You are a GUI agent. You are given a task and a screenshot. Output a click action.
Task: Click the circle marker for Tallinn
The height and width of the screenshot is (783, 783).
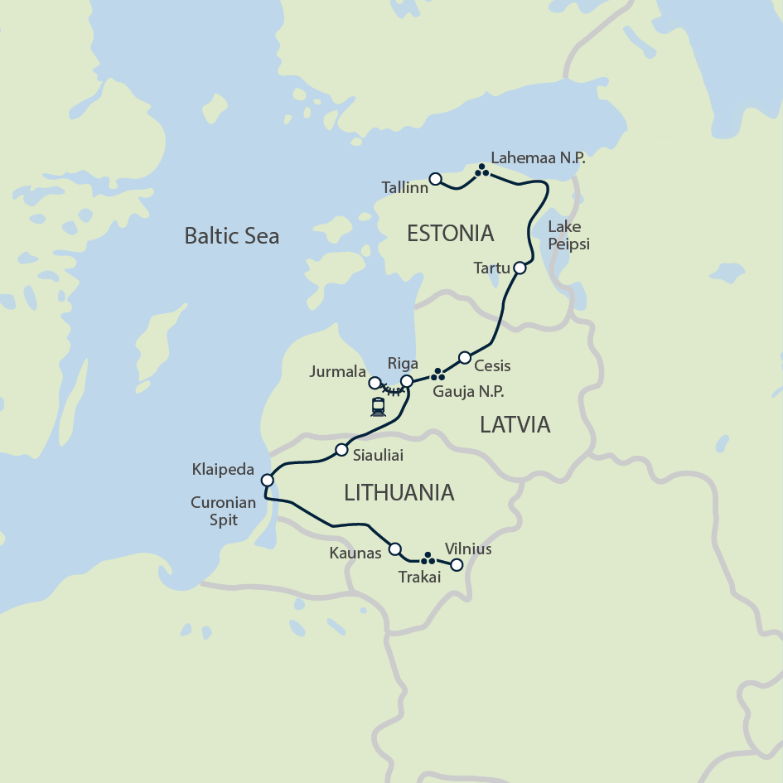click(x=436, y=178)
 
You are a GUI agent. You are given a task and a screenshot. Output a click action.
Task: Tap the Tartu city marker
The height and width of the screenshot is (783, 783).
click(x=520, y=268)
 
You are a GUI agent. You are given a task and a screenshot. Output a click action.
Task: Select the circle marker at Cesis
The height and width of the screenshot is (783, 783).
click(x=465, y=358)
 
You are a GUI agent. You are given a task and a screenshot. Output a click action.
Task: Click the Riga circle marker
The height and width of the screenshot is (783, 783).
click(x=407, y=381)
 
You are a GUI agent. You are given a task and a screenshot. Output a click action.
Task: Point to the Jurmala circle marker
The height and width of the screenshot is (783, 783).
click(x=375, y=383)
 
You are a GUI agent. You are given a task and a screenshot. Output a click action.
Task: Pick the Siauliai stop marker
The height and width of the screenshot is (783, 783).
click(x=341, y=450)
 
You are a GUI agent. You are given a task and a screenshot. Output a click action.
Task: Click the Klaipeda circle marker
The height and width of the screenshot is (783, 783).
click(x=267, y=480)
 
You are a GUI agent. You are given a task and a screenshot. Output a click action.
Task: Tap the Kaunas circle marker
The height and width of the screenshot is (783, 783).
click(x=395, y=549)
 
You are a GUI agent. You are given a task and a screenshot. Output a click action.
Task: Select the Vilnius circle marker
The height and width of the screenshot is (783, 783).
click(x=455, y=566)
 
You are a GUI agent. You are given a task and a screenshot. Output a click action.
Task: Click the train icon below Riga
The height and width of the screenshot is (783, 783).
click(x=379, y=407)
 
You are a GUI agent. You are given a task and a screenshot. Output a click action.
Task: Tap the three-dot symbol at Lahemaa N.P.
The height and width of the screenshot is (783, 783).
click(x=481, y=172)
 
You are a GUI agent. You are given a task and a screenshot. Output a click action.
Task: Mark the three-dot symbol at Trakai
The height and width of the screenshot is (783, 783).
click(x=428, y=558)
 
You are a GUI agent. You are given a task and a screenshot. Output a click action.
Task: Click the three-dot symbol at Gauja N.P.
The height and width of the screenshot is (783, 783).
click(x=437, y=375)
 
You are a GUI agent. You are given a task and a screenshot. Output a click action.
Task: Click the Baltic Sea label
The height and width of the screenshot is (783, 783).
click(x=231, y=236)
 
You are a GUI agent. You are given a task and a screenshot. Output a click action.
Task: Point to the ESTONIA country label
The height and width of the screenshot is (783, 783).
click(x=451, y=233)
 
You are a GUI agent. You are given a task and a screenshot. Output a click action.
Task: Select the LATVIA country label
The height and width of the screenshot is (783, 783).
click(x=515, y=425)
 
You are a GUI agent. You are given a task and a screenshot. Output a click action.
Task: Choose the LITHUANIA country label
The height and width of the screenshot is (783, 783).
click(x=399, y=492)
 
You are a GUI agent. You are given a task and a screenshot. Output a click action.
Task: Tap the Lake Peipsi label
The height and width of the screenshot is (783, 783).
click(x=568, y=236)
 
